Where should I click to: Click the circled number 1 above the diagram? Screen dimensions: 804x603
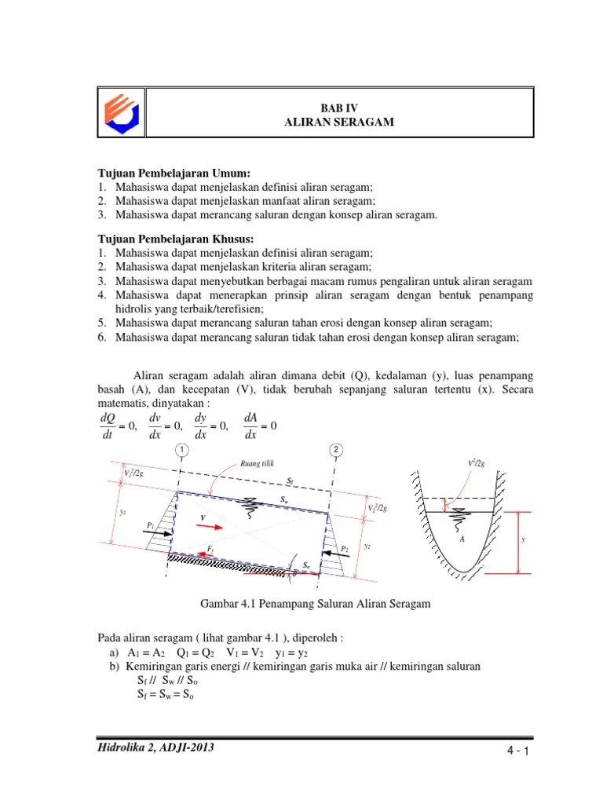click(x=181, y=450)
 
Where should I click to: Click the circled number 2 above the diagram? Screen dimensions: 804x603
click(x=335, y=450)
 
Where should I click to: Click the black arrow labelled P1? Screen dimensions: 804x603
click(x=155, y=532)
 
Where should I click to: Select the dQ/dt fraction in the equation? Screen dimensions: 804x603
click(x=108, y=426)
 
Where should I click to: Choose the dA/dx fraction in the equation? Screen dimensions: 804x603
click(x=251, y=426)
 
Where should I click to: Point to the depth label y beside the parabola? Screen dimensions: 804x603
click(x=523, y=540)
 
